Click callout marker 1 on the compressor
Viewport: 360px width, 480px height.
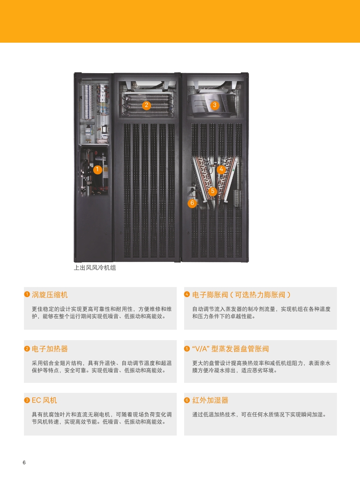(98, 169)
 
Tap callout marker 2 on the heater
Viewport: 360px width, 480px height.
(147, 105)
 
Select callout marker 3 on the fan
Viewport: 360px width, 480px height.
(215, 105)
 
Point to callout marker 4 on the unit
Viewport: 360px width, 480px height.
(222, 169)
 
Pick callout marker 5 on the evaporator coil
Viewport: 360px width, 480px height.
(212, 191)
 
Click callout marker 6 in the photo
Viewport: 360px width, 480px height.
(192, 203)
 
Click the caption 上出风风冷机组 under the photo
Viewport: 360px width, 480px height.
(95, 268)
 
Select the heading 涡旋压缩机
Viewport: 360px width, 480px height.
(50, 295)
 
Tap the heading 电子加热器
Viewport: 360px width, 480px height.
(50, 348)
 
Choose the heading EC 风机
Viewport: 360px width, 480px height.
(44, 400)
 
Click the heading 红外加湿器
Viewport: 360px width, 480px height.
(210, 400)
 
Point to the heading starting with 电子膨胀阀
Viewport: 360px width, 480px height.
(242, 295)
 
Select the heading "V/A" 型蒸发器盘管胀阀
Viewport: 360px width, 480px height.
(231, 348)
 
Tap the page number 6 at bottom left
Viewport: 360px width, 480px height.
(24, 463)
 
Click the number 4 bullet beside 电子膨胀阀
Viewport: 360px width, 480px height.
(187, 294)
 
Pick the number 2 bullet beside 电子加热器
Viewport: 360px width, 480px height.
(27, 348)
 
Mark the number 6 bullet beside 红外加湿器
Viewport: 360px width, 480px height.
(187, 400)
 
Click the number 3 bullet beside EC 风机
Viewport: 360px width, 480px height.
(27, 400)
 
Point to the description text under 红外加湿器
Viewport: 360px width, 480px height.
(259, 415)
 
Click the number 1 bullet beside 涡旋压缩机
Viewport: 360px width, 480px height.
(27, 294)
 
